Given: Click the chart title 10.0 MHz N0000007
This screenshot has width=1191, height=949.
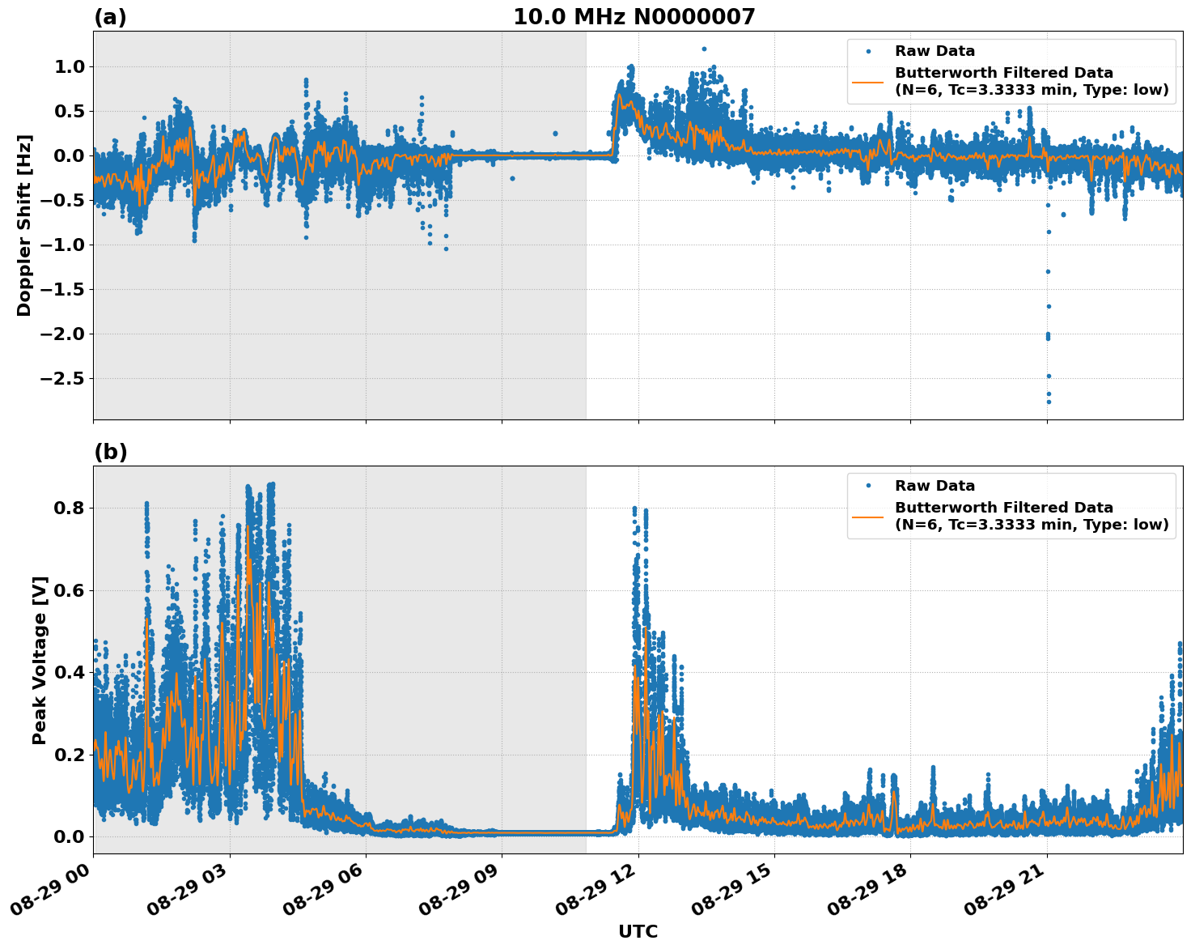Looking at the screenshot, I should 634,17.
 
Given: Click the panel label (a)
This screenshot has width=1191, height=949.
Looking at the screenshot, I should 110,17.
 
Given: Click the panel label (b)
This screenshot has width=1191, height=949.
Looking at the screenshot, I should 110,452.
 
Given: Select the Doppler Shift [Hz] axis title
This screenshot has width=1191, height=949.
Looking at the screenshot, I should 24,225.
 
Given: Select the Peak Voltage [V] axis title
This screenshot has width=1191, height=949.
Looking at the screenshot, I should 40,660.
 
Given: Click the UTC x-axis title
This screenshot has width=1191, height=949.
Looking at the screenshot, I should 638,931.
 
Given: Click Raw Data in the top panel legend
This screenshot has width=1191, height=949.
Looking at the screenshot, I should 935,51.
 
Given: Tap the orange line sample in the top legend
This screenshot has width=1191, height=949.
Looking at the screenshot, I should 867,81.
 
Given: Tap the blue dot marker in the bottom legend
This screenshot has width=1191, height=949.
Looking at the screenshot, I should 867,486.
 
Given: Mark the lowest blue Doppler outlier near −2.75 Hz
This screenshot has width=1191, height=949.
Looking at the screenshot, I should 1049,402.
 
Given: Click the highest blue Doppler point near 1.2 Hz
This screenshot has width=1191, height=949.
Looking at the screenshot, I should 704,49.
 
